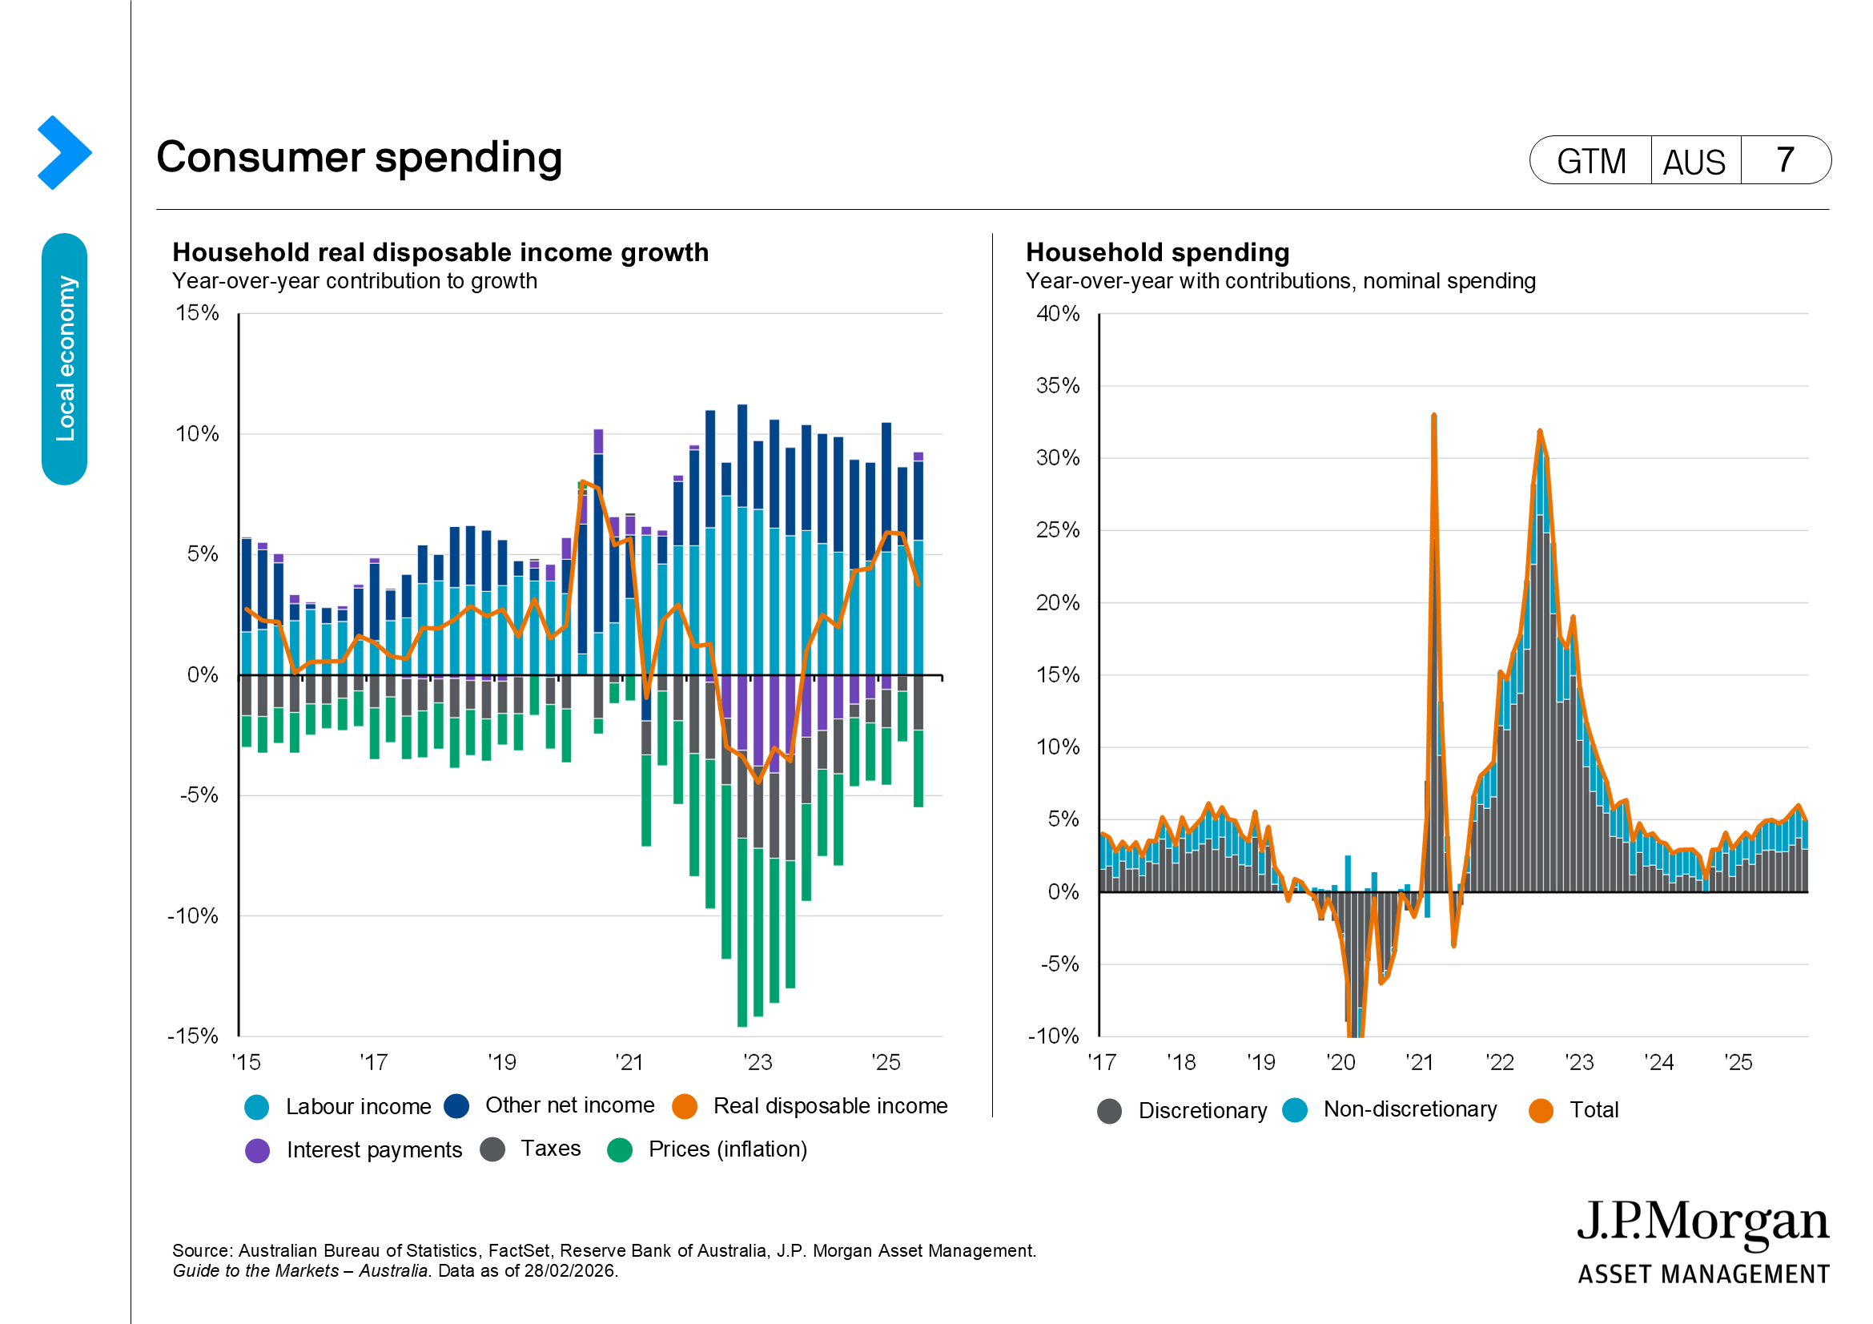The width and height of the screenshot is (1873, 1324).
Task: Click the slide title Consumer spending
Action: coord(359,157)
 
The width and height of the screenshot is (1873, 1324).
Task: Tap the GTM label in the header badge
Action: coord(1591,161)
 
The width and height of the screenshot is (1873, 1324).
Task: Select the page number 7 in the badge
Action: coord(1785,160)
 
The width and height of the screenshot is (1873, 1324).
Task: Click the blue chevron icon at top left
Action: coord(63,152)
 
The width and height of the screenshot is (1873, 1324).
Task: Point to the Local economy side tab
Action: coord(64,359)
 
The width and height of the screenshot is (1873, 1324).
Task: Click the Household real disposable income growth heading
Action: coord(440,252)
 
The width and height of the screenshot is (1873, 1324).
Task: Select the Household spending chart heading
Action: coord(1158,252)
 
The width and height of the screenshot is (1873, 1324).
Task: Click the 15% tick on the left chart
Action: coord(198,313)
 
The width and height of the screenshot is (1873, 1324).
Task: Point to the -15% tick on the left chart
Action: coord(193,1036)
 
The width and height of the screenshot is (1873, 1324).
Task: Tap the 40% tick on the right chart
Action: coord(1057,314)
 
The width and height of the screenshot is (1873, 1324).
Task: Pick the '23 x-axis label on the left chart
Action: coord(758,1062)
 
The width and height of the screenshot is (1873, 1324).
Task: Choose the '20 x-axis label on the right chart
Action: coord(1340,1062)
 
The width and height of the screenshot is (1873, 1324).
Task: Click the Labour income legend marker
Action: coord(257,1107)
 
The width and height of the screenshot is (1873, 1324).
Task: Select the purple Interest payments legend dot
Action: coord(258,1150)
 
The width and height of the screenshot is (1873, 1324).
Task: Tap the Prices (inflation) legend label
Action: coord(727,1149)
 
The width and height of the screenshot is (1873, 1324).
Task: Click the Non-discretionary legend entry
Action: coord(1409,1109)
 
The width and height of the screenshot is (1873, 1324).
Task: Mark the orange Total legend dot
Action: coord(1540,1110)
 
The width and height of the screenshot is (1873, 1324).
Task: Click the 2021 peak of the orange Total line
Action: coord(1433,416)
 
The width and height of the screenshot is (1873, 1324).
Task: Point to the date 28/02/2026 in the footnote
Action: coord(570,1271)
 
